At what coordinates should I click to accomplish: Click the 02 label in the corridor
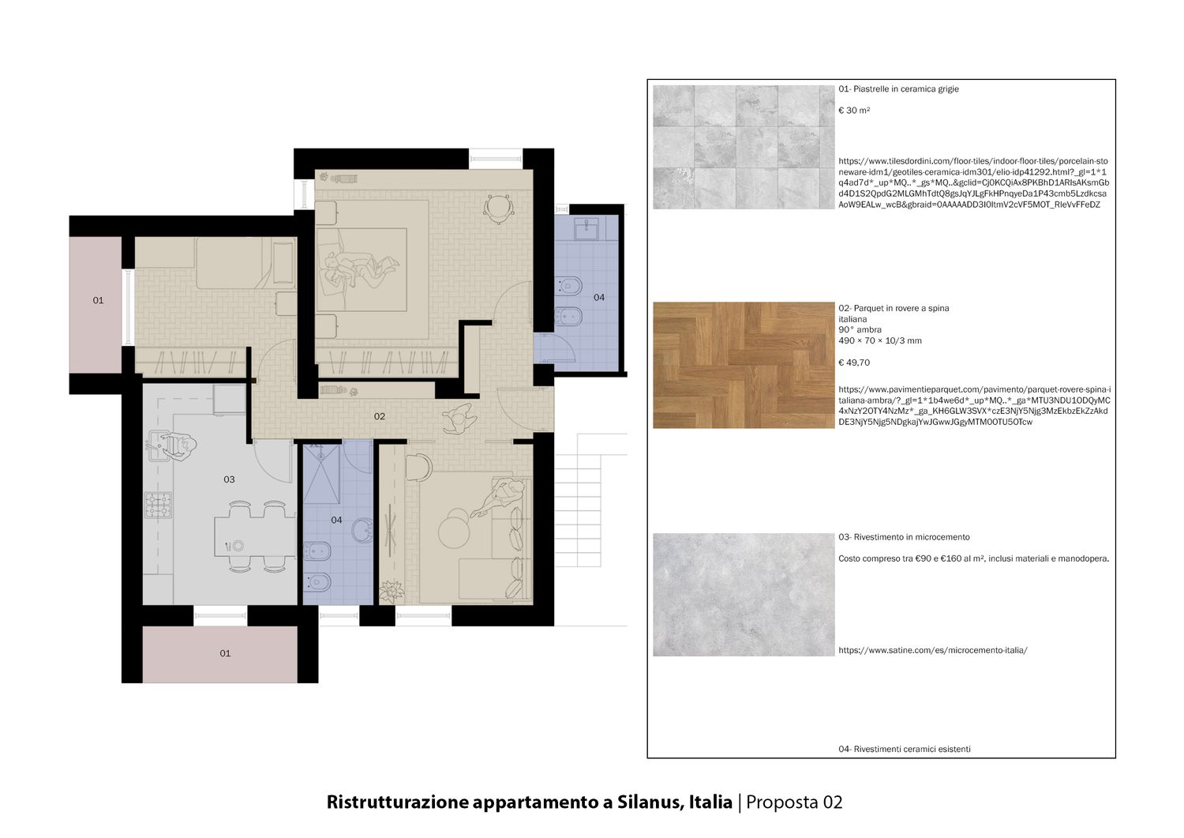(380, 416)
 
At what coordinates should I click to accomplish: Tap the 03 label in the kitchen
(229, 479)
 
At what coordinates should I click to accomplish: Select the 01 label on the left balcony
(99, 300)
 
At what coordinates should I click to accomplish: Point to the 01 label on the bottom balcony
(225, 653)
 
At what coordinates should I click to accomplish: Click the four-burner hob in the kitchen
(158, 505)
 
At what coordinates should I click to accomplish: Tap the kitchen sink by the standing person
(157, 445)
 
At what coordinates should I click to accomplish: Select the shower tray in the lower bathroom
(321, 474)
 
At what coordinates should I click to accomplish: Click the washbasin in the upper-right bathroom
(586, 228)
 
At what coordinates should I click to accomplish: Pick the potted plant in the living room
(392, 591)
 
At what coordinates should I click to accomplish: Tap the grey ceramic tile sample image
(744, 147)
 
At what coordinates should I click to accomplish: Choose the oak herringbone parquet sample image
(744, 365)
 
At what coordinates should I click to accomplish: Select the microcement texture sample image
(744, 595)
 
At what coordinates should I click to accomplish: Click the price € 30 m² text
(854, 111)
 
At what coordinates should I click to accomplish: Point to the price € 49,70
(854, 363)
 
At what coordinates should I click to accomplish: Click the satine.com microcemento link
(933, 650)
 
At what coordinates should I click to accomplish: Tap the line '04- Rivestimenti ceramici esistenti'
(905, 749)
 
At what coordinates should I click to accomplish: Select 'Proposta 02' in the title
(794, 802)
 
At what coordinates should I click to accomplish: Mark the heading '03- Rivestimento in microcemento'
(904, 537)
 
